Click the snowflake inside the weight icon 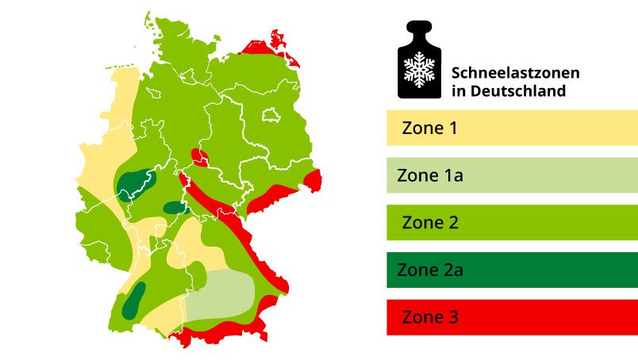[418, 69]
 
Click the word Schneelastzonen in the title [515, 73]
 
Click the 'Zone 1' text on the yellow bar [429, 128]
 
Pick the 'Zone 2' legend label [430, 223]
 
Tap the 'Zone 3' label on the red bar [430, 318]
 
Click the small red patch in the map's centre [199, 158]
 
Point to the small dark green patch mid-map [174, 209]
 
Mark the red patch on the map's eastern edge [313, 181]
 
